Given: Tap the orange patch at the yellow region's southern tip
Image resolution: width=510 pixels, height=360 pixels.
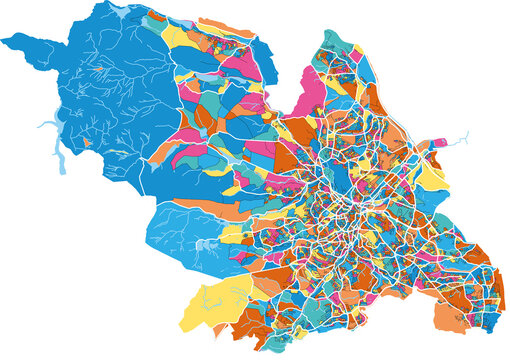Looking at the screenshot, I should pos(190,326).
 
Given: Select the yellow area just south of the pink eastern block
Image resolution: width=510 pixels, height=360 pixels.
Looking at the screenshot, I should pos(432,175).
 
